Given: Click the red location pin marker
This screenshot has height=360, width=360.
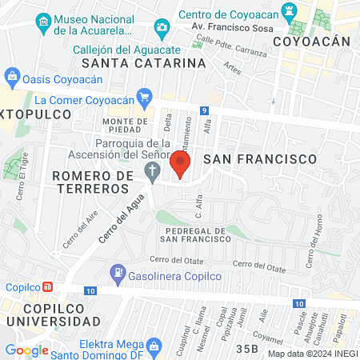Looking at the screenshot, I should (x=179, y=164).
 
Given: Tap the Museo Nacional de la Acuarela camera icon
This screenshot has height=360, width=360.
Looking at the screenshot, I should (x=162, y=30).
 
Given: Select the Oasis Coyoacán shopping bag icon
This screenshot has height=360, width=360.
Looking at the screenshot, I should (x=11, y=78).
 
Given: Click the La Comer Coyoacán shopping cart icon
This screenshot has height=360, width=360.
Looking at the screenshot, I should (x=144, y=100).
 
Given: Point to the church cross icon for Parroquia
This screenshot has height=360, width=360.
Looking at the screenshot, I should (x=151, y=170).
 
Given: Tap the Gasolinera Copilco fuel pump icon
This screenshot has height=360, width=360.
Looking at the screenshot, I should (x=118, y=273).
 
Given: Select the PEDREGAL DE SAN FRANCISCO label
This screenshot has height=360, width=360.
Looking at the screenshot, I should (x=196, y=234).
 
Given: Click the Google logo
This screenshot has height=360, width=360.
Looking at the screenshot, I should (x=26, y=350).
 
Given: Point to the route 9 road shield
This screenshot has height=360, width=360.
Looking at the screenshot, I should (x=206, y=110).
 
